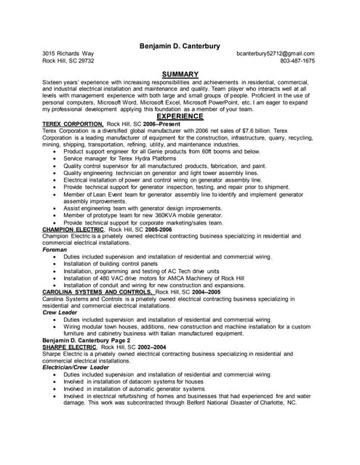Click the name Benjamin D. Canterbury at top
click(180, 46)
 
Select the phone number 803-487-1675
click(297, 61)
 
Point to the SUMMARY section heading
click(180, 74)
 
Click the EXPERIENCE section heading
click(180, 116)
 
